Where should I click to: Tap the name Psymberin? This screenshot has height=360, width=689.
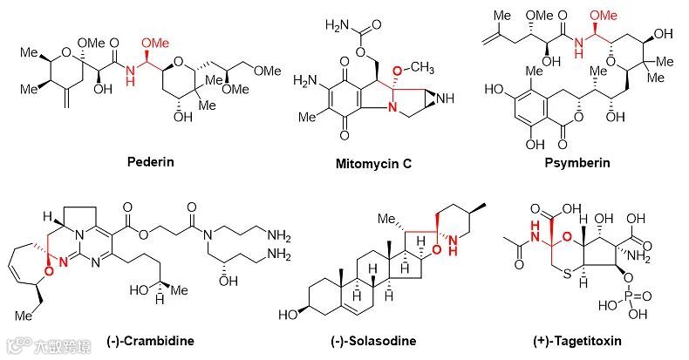click(x=581, y=162)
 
